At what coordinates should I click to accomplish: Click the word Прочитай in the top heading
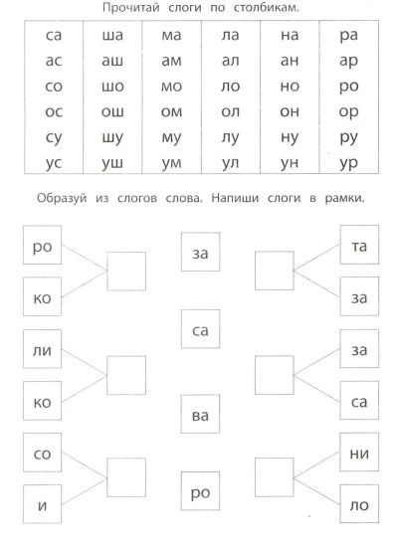coord(131,8)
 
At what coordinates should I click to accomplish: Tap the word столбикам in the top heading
coord(266,7)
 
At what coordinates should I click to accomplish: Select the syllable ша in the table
coord(112,35)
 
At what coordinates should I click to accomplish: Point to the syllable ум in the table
coord(171,163)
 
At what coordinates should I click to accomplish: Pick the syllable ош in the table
coord(112,111)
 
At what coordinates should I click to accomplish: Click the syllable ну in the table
coord(290,137)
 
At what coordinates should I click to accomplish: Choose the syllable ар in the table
coord(348,62)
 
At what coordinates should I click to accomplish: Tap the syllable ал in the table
coord(231,61)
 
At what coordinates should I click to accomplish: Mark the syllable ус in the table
coord(54,163)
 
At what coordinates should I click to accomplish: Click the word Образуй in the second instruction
coord(62,198)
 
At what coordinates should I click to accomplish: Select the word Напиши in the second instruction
coord(235,198)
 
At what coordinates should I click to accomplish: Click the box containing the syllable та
coord(359,245)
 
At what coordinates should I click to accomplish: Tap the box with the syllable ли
coord(42,349)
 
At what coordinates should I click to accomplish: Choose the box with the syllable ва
coord(200,414)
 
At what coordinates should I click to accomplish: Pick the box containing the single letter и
coord(42,504)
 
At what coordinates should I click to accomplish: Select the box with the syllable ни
coord(359,453)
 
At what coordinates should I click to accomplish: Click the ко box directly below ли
coord(42,401)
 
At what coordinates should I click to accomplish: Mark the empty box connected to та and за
coord(274,271)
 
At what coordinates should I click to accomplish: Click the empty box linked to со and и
coord(126,477)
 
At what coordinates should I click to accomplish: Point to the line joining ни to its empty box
coord(316,464)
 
